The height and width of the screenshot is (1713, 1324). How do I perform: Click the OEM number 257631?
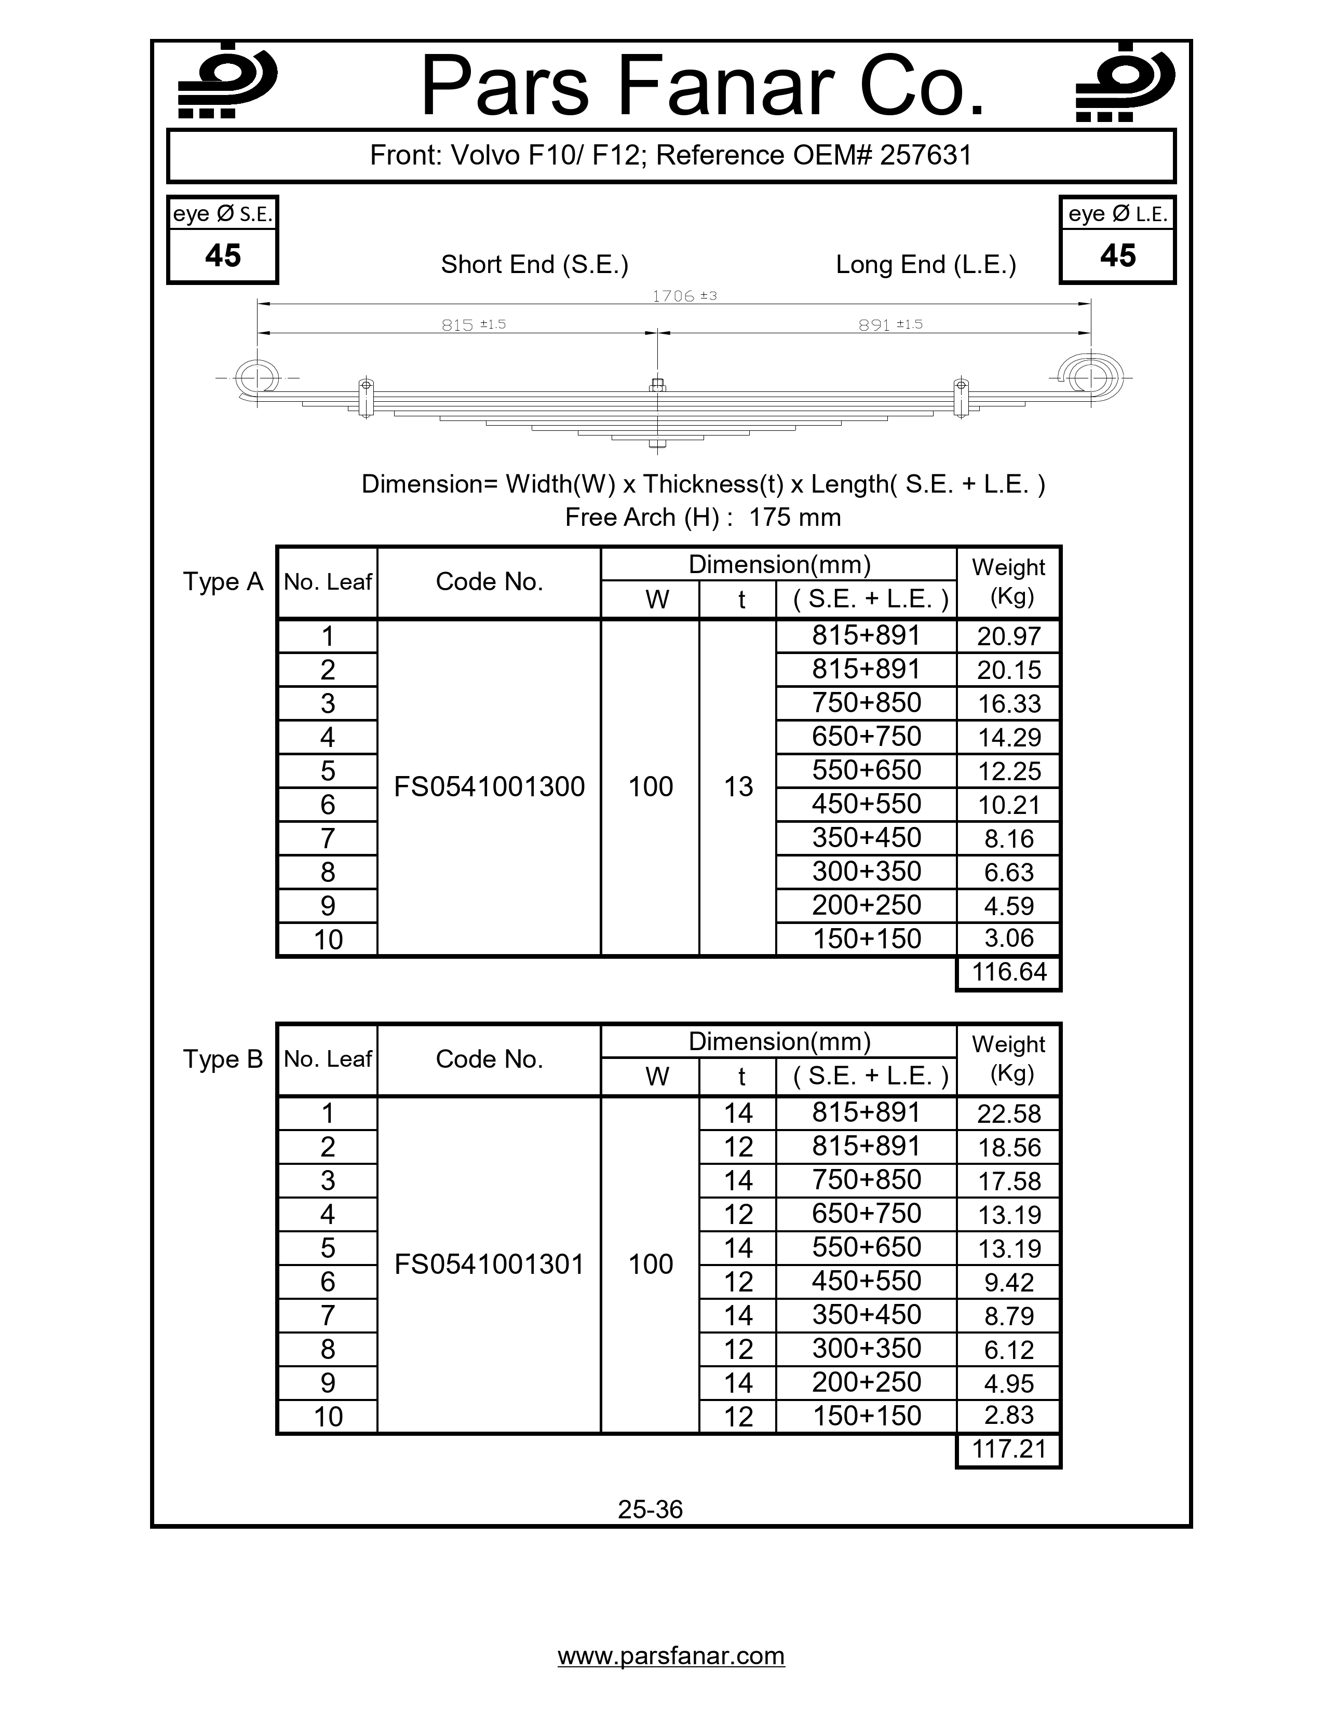pos(926,155)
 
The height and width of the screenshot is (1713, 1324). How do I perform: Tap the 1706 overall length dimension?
pos(674,296)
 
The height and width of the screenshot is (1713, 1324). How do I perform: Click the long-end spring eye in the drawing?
pos(1090,378)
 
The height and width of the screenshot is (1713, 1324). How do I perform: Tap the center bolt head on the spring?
pos(658,385)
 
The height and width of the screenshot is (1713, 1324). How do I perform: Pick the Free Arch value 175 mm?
pos(794,518)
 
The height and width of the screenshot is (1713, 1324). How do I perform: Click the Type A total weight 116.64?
pos(1009,973)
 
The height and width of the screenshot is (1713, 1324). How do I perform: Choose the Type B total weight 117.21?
pos(1009,1449)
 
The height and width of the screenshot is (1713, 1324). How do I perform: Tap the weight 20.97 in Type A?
pos(1009,636)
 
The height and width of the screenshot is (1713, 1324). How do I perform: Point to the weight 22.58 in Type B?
pos(1009,1114)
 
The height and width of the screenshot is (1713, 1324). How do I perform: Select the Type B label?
pos(223,1059)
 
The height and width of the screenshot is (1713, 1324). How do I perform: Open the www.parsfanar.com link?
pos(671,1656)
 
